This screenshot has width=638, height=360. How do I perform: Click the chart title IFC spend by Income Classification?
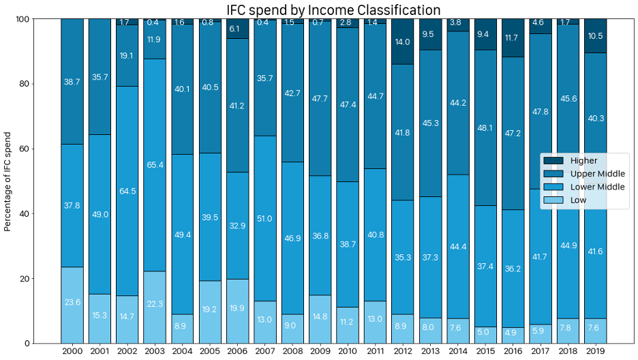333,10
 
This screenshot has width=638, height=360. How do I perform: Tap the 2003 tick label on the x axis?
155,351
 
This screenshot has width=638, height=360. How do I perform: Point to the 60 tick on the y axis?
25,149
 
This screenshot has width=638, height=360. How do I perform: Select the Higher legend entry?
583,161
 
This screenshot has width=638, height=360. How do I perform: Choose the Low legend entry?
578,200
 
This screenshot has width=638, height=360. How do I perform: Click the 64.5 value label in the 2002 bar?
127,192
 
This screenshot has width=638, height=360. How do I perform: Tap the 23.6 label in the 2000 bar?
72,303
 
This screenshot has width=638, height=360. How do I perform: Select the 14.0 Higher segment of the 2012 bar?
403,42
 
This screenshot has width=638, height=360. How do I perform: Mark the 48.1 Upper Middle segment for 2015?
485,127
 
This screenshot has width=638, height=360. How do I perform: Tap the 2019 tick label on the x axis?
595,351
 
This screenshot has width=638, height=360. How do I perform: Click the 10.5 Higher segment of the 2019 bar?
595,36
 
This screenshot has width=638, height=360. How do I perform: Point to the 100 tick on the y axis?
22,19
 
